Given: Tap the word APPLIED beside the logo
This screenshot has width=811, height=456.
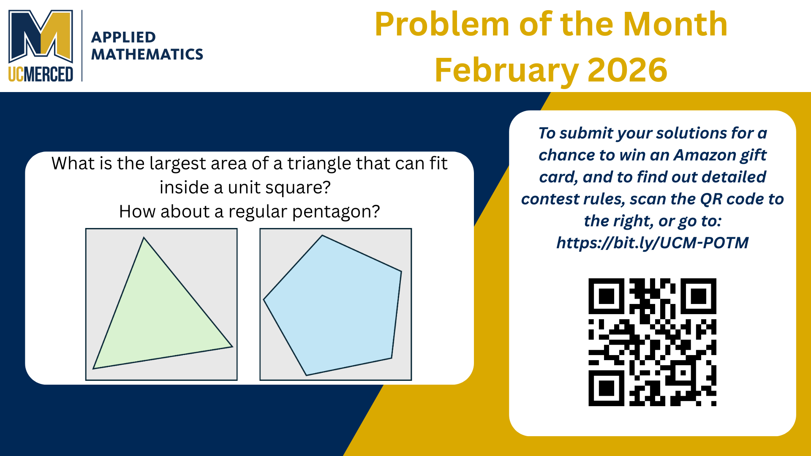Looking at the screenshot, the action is click(x=123, y=37).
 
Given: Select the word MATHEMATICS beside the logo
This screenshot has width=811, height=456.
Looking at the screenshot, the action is click(x=147, y=54).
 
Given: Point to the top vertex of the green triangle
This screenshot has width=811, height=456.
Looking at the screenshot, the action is click(x=144, y=238).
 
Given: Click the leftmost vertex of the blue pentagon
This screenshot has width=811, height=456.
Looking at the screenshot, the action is click(x=264, y=300).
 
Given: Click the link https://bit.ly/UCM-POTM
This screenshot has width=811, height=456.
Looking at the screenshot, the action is click(x=652, y=243).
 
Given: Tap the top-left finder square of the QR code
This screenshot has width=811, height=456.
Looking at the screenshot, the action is click(x=607, y=296).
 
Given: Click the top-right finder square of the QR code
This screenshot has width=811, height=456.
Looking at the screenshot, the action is click(x=698, y=296).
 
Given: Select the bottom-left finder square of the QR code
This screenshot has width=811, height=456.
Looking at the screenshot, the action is click(x=607, y=388).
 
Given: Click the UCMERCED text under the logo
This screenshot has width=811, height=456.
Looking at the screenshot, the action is click(x=41, y=74).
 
